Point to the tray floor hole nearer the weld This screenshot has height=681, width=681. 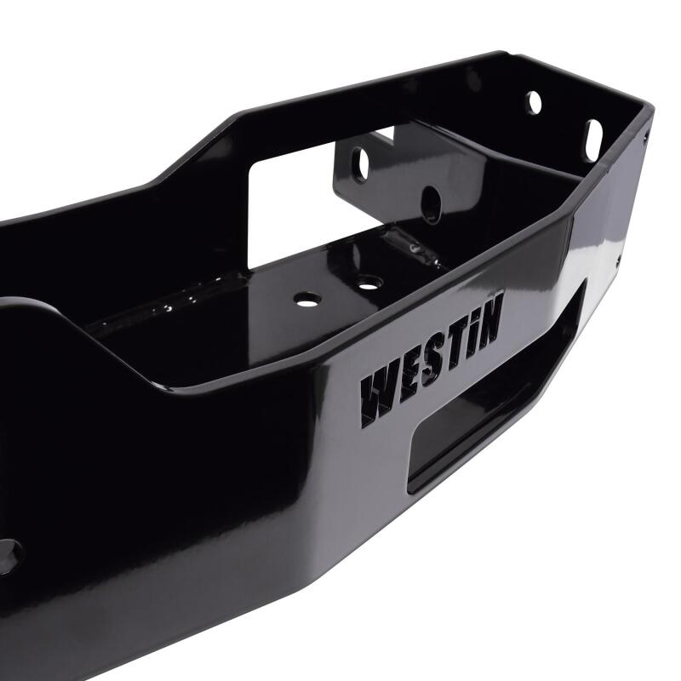point(367,280)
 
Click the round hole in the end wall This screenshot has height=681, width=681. point(535,103)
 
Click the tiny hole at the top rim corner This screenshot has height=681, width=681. point(646,135)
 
